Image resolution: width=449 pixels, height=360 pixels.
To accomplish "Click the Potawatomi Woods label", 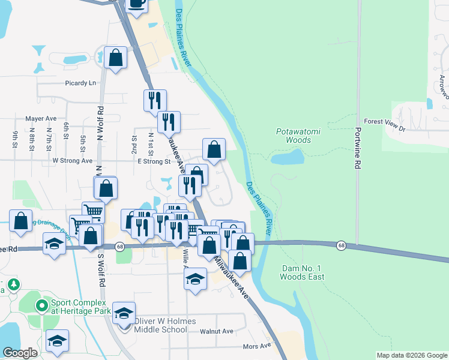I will click(294, 136).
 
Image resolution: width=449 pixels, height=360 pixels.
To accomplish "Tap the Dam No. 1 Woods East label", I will click(302, 272).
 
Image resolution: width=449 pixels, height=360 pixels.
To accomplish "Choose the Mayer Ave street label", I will click(40, 119).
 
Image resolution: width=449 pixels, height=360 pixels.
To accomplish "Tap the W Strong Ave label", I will click(73, 161).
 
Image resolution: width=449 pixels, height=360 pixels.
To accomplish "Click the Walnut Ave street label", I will click(217, 331).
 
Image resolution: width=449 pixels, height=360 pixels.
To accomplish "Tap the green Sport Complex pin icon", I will click(41, 306).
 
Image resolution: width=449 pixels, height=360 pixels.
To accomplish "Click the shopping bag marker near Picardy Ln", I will click(116, 58).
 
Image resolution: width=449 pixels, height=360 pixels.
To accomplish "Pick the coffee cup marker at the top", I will click(137, 4).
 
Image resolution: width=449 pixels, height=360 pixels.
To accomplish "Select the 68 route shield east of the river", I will click(341, 245).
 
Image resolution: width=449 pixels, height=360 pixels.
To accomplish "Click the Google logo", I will click(20, 353).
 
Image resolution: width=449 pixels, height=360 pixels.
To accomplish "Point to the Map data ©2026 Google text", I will click(411, 355).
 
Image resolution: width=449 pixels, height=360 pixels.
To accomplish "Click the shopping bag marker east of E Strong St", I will click(214, 150).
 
